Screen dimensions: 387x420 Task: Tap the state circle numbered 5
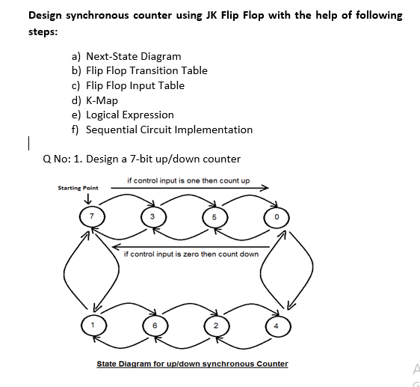point(214,217)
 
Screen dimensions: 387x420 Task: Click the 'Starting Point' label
point(78,188)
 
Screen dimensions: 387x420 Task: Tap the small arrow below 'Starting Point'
point(88,198)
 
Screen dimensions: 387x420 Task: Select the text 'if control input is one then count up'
point(188,180)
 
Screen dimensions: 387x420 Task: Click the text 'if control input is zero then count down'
point(191,254)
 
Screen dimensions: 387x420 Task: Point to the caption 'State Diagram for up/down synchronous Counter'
point(192,364)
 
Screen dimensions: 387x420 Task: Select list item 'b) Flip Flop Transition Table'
point(140,70)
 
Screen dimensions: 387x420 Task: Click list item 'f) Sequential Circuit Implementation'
point(162,129)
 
